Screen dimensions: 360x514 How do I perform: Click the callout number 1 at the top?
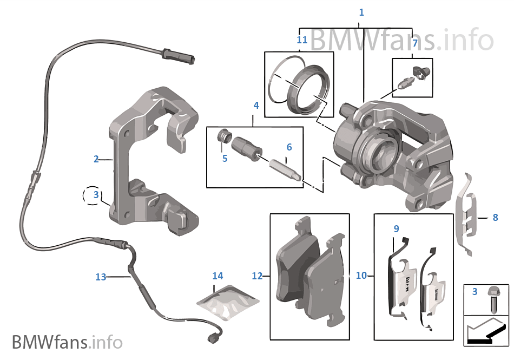[x=361, y=12]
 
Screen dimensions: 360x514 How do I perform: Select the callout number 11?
[x=302, y=40]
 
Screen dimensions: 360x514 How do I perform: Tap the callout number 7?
[x=414, y=42]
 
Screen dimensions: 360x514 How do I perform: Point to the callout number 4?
[x=256, y=106]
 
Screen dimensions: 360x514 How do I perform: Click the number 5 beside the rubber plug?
[x=225, y=159]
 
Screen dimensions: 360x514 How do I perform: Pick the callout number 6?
[x=289, y=147]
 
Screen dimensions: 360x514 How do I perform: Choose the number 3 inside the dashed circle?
[x=96, y=194]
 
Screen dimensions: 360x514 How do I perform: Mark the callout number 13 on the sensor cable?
[x=101, y=277]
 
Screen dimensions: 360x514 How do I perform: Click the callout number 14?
[x=218, y=276]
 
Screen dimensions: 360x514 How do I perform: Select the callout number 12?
[x=257, y=276]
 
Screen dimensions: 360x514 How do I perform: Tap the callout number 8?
[x=495, y=218]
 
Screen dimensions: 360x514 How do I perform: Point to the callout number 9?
[x=396, y=229]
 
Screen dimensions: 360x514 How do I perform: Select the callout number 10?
[x=361, y=276]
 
